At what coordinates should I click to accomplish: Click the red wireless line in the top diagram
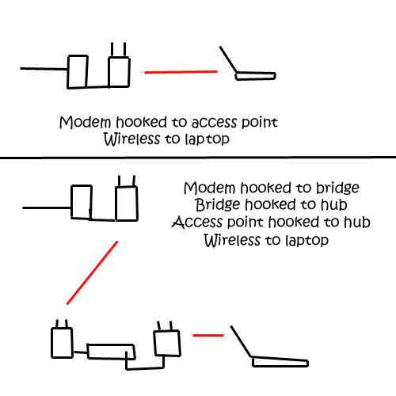coord(181,72)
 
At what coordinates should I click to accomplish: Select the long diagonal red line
coord(92,272)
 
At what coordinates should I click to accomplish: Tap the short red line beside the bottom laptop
coord(208,335)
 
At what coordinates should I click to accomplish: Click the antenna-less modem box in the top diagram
coord(78,72)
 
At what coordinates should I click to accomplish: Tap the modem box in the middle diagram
coord(82,202)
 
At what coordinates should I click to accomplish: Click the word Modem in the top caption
coord(86,123)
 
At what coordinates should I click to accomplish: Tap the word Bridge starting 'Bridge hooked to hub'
coord(218,205)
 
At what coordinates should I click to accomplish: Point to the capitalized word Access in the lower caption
coord(197,222)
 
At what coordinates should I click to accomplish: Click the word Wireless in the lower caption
coord(232,240)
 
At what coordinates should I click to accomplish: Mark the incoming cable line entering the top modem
coord(44,69)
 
